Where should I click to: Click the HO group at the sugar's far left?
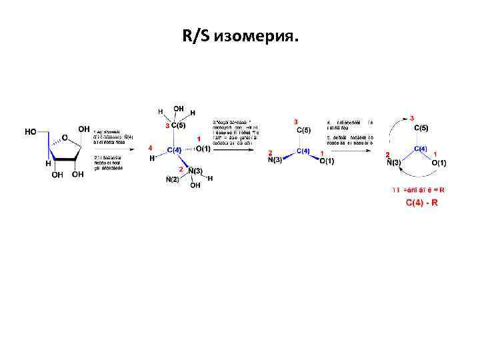pos(31,131)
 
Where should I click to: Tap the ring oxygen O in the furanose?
pos(65,138)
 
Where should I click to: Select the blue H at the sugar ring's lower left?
pos(48,163)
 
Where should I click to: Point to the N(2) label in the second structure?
pos(173,179)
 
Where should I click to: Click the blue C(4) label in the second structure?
pos(174,150)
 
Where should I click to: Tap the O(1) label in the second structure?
pos(203,148)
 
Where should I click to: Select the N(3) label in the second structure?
pos(195,171)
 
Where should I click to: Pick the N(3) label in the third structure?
pos(275,160)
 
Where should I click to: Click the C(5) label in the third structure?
pos(305,129)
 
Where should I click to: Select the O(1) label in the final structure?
pos(439,163)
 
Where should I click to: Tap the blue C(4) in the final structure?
pos(421,149)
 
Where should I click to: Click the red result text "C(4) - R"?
pos(422,202)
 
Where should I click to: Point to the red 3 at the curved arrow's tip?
pos(411,117)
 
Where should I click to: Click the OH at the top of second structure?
pos(179,108)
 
